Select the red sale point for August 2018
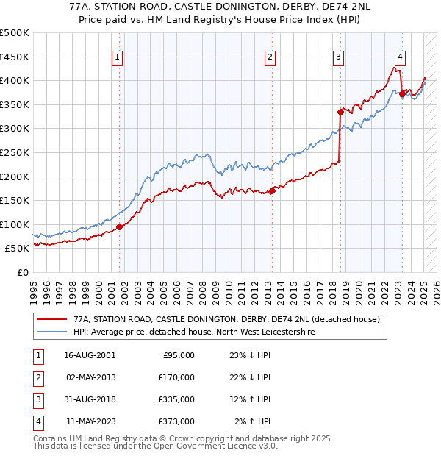(340, 112)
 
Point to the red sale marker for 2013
(272, 190)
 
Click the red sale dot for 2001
(120, 227)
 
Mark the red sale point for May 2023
(402, 93)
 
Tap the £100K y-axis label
(14, 224)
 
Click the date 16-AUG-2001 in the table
(90, 355)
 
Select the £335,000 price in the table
(176, 399)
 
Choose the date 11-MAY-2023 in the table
(90, 421)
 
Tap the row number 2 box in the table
(37, 377)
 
